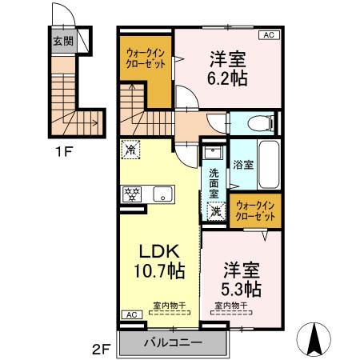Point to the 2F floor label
[102, 348]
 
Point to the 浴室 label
[242, 165]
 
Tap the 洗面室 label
[214, 183]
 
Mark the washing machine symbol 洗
[216, 211]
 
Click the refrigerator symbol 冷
[130, 148]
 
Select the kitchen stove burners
[132, 193]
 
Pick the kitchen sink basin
[164, 193]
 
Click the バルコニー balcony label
[173, 342]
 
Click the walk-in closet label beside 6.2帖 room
[145, 61]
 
